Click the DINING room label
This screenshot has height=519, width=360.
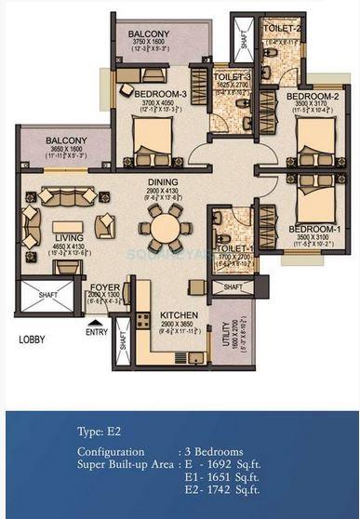(x=164, y=184)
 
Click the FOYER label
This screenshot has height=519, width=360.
(x=103, y=287)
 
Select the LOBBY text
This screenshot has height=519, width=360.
(x=33, y=339)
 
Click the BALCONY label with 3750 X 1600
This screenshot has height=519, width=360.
(x=148, y=34)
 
